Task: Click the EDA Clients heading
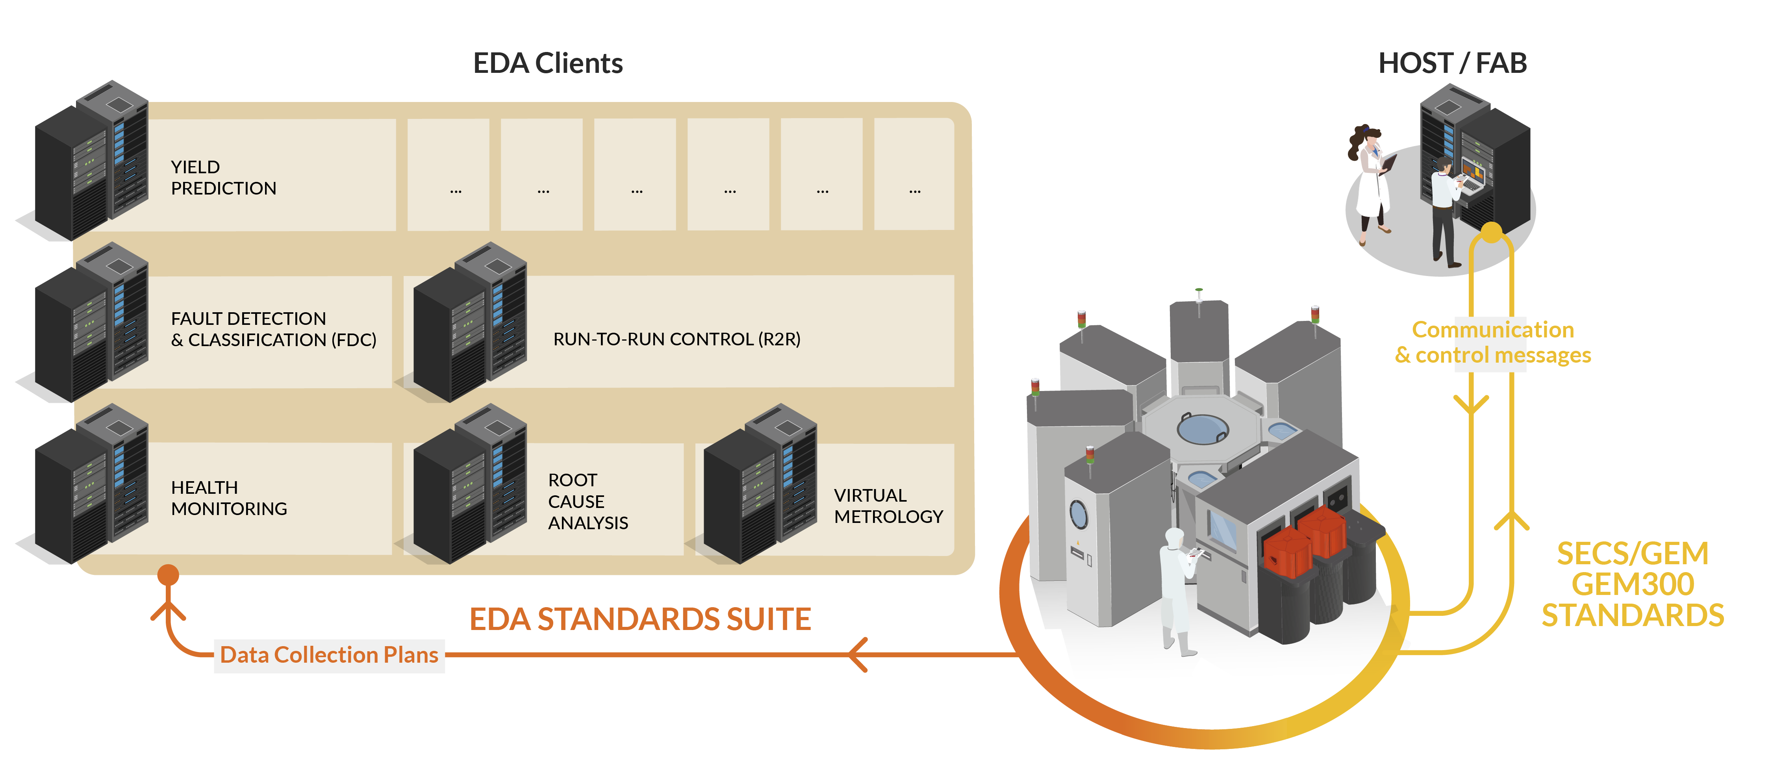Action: point(548,63)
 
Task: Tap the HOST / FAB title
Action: point(1452,63)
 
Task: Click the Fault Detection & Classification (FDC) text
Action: point(273,329)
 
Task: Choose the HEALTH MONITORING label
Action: point(228,498)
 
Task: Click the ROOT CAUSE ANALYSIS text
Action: point(588,501)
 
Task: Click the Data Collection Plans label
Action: point(329,655)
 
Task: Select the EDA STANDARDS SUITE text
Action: point(640,619)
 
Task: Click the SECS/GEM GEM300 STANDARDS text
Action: point(1632,585)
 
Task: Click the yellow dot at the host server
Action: point(1491,232)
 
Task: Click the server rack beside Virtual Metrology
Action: point(760,485)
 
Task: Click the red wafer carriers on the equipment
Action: point(1303,543)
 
